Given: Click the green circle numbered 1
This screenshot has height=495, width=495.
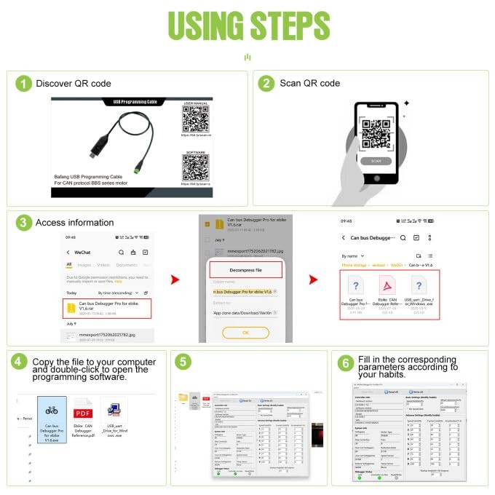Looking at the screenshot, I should tap(24, 84).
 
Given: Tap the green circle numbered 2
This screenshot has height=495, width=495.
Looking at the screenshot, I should tap(267, 84).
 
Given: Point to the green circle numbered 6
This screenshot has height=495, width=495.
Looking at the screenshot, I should tap(345, 362).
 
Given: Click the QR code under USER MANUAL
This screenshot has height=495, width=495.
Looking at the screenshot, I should tap(197, 119).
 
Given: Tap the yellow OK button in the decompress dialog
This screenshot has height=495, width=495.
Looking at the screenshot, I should tap(245, 331).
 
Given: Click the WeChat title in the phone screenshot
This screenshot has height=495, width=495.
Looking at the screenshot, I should tap(82, 252).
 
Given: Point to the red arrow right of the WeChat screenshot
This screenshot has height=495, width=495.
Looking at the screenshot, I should tap(173, 280).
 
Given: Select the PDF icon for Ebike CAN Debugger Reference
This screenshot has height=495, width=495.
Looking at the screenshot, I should tap(82, 408).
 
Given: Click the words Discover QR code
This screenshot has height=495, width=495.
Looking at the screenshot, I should tap(74, 84).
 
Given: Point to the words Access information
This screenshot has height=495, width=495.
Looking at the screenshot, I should tap(75, 223).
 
